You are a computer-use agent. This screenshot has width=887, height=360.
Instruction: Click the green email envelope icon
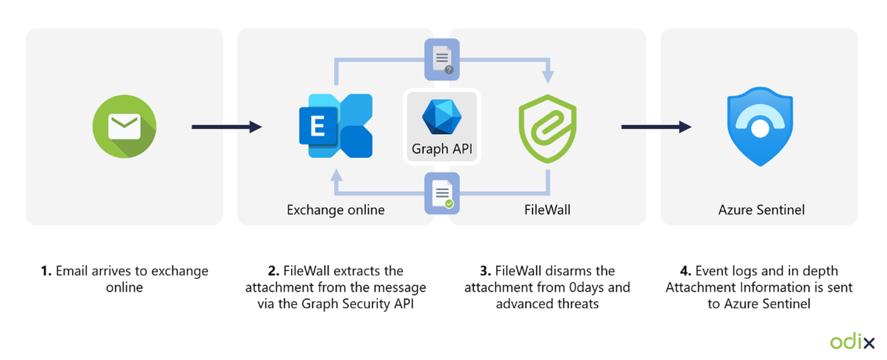pyautogui.click(x=124, y=126)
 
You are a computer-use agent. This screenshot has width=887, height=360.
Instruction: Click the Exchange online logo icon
pyautogui.click(x=336, y=126)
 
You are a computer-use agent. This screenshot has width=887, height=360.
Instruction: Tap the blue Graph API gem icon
pyautogui.click(x=441, y=116)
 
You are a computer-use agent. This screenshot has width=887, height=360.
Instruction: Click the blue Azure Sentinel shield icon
pyautogui.click(x=760, y=126)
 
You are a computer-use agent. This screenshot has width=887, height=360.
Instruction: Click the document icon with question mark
pyautogui.click(x=442, y=59)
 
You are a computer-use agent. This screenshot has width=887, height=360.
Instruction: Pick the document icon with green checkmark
pyautogui.click(x=442, y=194)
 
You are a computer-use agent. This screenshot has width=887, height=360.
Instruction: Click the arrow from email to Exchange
pyautogui.click(x=227, y=127)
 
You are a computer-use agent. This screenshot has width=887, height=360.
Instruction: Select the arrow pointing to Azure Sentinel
pyautogui.click(x=656, y=127)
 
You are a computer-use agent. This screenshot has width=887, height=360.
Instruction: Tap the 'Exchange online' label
pyautogui.click(x=336, y=210)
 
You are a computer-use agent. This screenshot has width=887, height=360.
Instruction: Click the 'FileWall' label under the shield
pyautogui.click(x=547, y=210)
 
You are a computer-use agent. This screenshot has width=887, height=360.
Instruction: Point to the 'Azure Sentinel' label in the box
pyautogui.click(x=761, y=210)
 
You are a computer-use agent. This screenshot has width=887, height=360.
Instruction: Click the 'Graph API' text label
pyautogui.click(x=442, y=149)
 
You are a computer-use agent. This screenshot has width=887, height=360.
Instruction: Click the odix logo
pyautogui.click(x=852, y=341)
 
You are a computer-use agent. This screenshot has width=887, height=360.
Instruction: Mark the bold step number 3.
pyautogui.click(x=486, y=272)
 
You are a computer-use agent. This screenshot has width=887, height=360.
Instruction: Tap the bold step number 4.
pyautogui.click(x=685, y=272)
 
